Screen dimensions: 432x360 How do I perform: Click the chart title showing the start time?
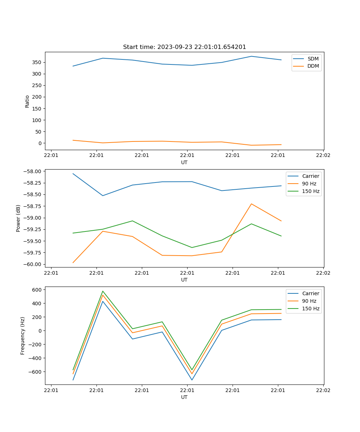pyautogui.click(x=184, y=47)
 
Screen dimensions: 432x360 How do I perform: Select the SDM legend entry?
pyautogui.click(x=313, y=59)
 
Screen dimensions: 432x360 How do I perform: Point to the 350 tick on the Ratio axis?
pyautogui.click(x=37, y=62)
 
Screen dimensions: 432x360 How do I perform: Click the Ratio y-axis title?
pyautogui.click(x=27, y=101)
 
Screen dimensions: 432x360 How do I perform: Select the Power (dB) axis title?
pyautogui.click(x=18, y=218)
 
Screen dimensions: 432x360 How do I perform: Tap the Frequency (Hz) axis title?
pyautogui.click(x=23, y=336)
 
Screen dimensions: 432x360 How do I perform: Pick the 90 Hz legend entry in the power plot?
pyautogui.click(x=309, y=184)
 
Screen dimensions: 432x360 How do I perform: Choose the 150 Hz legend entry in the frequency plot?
pyautogui.click(x=311, y=309)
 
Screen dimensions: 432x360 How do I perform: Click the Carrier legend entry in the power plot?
pyautogui.click(x=310, y=176)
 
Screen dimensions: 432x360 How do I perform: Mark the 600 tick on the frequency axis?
pyautogui.click(x=37, y=289)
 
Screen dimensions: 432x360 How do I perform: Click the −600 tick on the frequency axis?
pyautogui.click(x=36, y=372)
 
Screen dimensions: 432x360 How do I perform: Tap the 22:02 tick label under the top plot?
pyautogui.click(x=323, y=156)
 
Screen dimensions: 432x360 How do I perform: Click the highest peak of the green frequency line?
pyautogui.click(x=103, y=291)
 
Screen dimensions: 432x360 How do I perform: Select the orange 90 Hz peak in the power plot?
pyautogui.click(x=251, y=204)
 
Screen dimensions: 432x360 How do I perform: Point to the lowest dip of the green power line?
pyautogui.click(x=192, y=247)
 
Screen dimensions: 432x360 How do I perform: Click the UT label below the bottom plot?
pyautogui.click(x=184, y=397)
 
